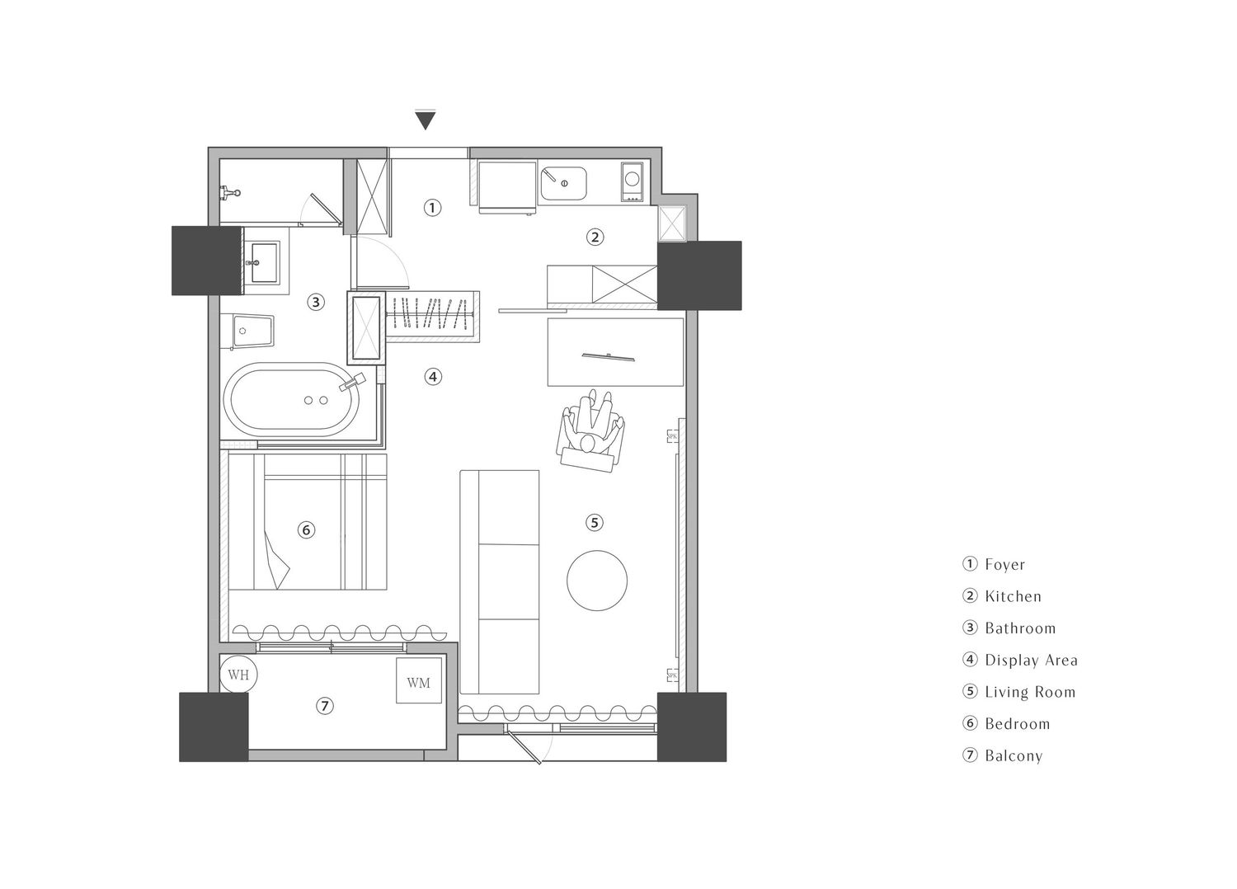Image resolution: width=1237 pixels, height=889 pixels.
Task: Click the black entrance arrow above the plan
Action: [426, 120]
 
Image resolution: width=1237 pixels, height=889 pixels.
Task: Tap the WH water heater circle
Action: [238, 675]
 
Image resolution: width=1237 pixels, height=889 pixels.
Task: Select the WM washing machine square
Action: [419, 680]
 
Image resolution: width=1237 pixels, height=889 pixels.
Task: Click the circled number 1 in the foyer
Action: [432, 208]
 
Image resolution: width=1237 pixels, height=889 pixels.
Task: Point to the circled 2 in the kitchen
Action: [595, 238]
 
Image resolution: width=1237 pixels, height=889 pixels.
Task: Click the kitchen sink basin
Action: [563, 183]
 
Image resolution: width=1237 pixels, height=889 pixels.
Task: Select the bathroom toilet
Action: [247, 332]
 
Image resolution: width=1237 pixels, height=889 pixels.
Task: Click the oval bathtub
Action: [293, 401]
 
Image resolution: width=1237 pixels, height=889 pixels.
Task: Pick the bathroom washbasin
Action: [261, 262]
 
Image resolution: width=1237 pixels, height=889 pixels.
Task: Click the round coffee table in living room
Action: [597, 581]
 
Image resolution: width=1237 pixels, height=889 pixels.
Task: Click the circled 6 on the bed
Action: [307, 530]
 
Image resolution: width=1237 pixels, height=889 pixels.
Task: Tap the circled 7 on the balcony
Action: [325, 706]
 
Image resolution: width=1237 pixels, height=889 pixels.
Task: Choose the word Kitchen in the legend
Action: [1014, 596]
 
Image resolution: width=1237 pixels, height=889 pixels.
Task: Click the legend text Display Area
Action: [1032, 661]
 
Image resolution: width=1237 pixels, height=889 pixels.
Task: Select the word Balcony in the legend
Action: [1014, 756]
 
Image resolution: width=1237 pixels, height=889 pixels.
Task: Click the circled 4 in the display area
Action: [433, 377]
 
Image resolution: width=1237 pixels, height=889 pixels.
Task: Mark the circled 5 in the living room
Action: [595, 523]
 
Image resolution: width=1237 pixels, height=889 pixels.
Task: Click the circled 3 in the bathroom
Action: [316, 302]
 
